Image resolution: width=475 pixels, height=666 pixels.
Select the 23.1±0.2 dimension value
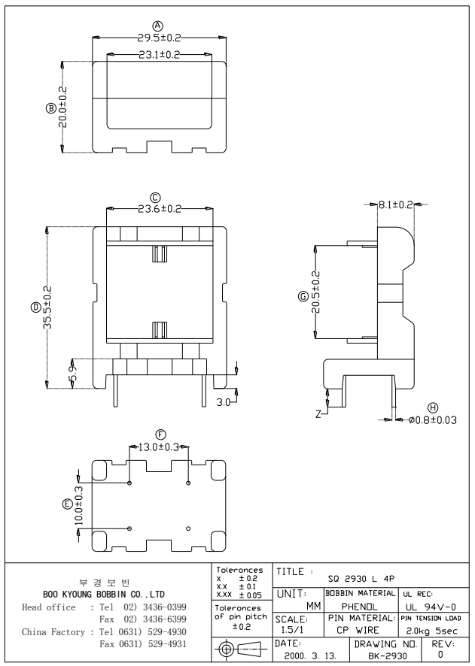(159, 54)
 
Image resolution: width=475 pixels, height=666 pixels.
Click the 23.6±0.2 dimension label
(159, 208)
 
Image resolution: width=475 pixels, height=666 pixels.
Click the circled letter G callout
(303, 297)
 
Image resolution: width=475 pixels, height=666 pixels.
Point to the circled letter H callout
(432, 406)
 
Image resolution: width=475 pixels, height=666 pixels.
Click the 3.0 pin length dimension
(224, 404)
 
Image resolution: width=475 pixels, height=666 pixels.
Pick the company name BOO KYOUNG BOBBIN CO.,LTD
(105, 594)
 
